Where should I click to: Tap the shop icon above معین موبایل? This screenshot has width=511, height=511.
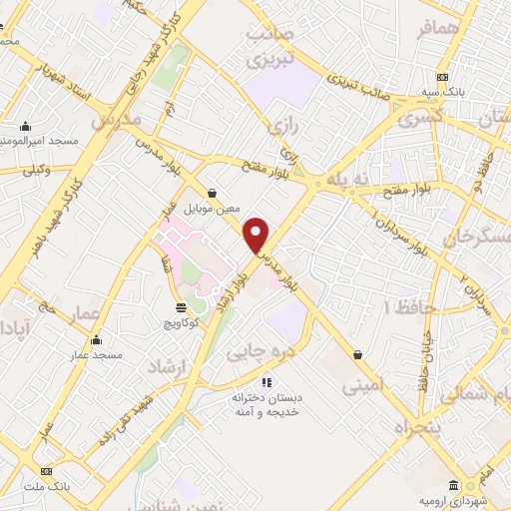coord(212,194)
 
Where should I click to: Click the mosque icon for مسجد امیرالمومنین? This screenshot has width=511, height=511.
coord(25,127)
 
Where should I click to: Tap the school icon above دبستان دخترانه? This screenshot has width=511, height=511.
coord(265,381)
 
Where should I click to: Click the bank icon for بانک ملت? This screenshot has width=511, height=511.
coord(44,471)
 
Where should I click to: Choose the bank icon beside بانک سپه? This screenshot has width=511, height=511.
coord(443,78)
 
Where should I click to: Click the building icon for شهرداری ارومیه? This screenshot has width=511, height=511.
coord(454,485)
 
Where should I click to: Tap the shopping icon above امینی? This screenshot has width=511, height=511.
coord(357,354)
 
